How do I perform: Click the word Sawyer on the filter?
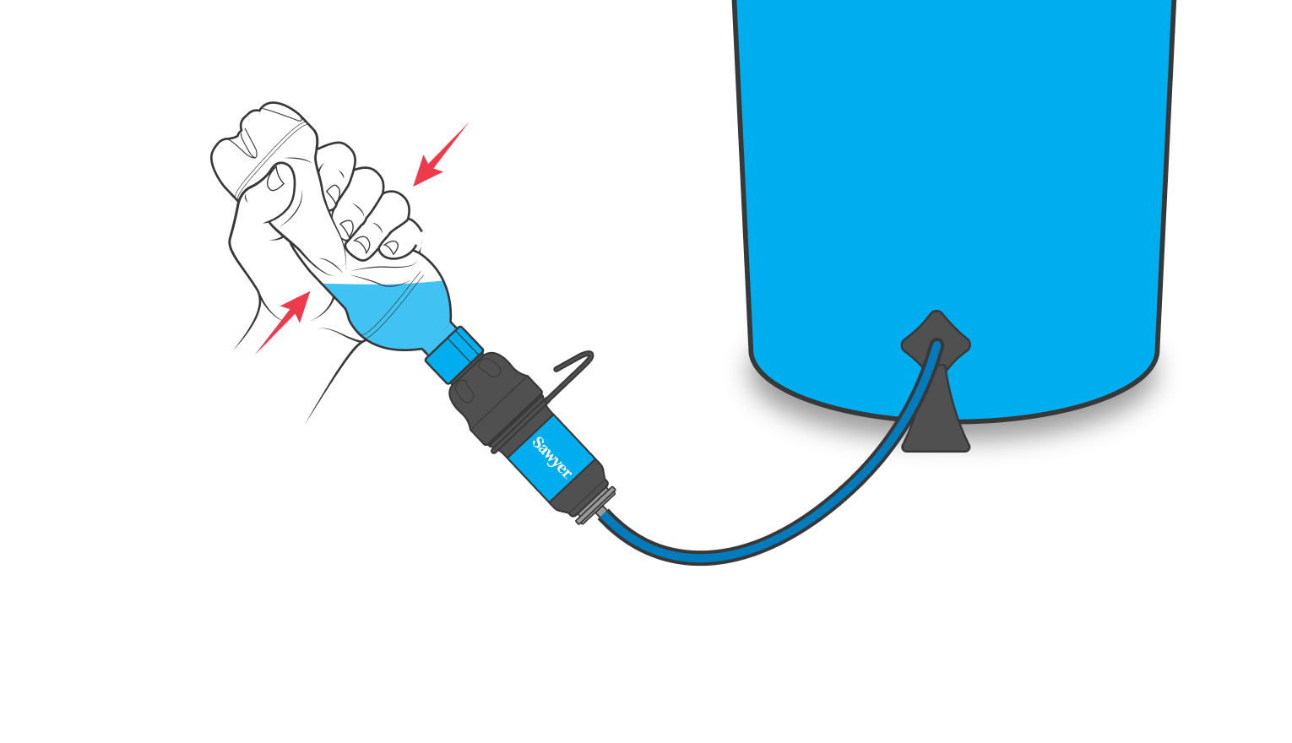pyautogui.click(x=551, y=458)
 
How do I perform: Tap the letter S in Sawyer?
pyautogui.click(x=538, y=444)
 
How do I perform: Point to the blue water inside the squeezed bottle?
pyautogui.click(x=397, y=312)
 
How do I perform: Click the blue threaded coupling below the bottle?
pyautogui.click(x=453, y=353)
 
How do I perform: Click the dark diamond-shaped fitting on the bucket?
pyautogui.click(x=936, y=338)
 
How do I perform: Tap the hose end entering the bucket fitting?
pyautogui.click(x=935, y=345)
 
